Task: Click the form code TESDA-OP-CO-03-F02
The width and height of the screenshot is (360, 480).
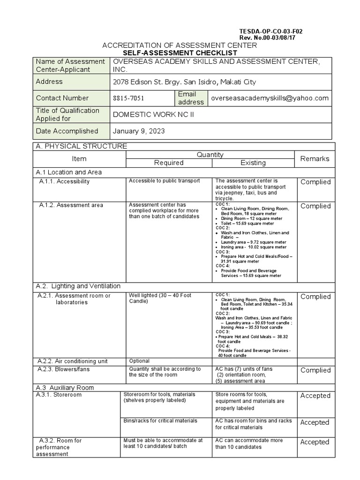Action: pos(270,31)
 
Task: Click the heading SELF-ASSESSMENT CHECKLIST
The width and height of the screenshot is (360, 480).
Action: pos(180,53)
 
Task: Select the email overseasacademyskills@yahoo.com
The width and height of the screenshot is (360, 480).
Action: pos(270,98)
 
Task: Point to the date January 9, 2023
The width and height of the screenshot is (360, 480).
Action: pos(139,131)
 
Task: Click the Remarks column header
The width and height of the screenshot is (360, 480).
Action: pos(315,158)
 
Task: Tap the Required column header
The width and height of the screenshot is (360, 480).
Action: pos(169,163)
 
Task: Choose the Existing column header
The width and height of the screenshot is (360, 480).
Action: pos(253,163)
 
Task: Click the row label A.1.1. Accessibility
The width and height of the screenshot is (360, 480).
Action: pos(64,182)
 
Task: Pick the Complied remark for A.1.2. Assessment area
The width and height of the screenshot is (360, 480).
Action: pos(315,206)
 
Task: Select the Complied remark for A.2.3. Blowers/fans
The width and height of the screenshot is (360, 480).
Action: pos(315,370)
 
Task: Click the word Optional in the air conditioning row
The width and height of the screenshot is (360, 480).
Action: pos(139,361)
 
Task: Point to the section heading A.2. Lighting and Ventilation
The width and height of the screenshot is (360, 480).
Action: pos(78,286)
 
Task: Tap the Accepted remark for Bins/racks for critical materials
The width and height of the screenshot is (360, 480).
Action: pos(315,422)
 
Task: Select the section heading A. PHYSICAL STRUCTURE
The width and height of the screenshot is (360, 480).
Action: pos(81,146)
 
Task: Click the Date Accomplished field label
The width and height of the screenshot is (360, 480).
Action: pos(67,131)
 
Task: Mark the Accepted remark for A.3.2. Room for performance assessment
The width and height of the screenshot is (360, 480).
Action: pos(315,442)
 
